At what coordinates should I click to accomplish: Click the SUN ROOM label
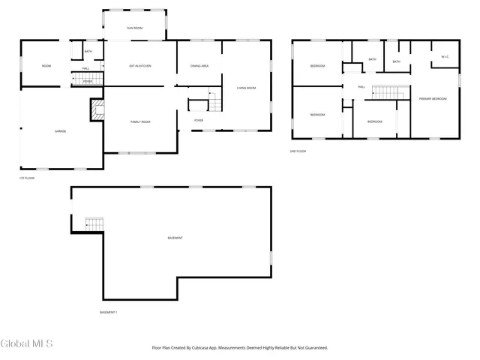point(133,28)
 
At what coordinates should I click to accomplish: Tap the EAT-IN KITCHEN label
point(140,67)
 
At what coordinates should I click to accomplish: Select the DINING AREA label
point(199,67)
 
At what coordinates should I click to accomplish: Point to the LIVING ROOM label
point(247,88)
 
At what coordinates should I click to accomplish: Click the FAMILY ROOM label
point(140,121)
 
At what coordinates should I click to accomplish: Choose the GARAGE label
point(60,131)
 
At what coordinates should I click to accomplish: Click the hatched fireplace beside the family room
point(97,112)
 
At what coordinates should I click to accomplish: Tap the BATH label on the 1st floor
point(88,52)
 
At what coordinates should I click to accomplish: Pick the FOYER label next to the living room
point(199,120)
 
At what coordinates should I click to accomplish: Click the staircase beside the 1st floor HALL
point(86,78)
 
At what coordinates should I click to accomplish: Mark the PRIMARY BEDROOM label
point(433,99)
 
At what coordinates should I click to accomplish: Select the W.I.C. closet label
point(445,56)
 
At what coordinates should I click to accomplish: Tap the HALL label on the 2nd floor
point(361,87)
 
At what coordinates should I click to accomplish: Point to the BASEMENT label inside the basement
point(175,238)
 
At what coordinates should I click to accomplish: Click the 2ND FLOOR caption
point(298,151)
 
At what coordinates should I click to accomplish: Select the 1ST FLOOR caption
point(27,178)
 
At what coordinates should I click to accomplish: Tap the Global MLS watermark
point(27,344)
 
